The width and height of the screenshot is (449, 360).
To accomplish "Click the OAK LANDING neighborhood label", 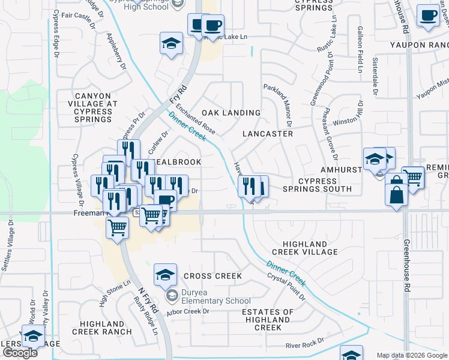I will pos(231,113).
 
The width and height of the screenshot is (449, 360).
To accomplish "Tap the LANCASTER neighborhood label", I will pos(268,134).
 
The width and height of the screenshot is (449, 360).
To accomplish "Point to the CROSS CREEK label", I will pos(212,276).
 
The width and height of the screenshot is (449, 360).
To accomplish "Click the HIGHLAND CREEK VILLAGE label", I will pos(301,247).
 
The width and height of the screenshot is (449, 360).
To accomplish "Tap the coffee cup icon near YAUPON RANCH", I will pos(428,16).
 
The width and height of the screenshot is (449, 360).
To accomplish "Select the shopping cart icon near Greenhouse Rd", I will pos(412,177).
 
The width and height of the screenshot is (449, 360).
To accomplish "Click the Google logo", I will pos(20,353).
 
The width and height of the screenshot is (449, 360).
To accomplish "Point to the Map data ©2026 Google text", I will pos(412,355).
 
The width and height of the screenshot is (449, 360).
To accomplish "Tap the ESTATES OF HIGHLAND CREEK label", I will pos(268,320).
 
